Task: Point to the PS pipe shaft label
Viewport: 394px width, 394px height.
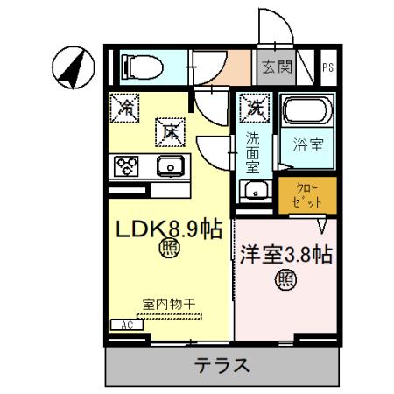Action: point(327,67)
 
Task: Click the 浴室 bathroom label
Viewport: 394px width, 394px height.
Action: point(308,146)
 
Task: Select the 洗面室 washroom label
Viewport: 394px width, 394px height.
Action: point(252,150)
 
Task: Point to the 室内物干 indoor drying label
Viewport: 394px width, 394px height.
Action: point(169,304)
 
